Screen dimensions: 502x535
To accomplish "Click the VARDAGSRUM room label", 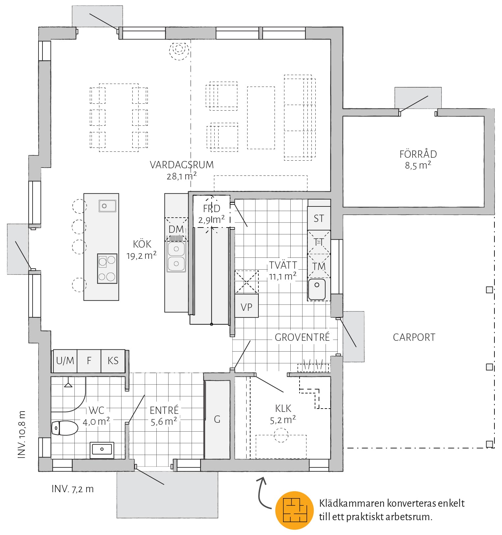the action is pyautogui.click(x=182, y=165).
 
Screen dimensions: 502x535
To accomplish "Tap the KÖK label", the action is pyautogui.click(x=142, y=244).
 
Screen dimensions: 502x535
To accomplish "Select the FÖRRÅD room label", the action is pyautogui.click(x=418, y=154).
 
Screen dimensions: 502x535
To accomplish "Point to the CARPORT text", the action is pyautogui.click(x=414, y=337).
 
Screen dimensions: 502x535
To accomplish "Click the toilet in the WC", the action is pyautogui.click(x=65, y=428).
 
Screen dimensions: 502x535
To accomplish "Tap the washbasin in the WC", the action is pyautogui.click(x=102, y=449).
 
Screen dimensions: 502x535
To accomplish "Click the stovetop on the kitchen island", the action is pyautogui.click(x=107, y=268).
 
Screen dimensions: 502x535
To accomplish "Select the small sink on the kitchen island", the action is pyautogui.click(x=107, y=206).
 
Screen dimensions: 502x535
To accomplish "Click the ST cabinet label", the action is pyautogui.click(x=319, y=218).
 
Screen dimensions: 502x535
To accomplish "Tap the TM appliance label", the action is pyautogui.click(x=319, y=266).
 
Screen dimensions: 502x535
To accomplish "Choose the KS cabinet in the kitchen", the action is pyautogui.click(x=113, y=361).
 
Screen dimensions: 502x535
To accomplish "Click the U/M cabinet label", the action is pyautogui.click(x=65, y=361).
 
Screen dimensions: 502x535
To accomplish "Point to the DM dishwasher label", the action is pyautogui.click(x=176, y=229).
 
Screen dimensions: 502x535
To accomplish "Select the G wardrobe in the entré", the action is pyautogui.click(x=217, y=419).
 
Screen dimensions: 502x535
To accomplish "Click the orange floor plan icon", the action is pyautogui.click(x=294, y=511).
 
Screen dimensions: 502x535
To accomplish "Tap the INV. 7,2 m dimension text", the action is pyautogui.click(x=72, y=489).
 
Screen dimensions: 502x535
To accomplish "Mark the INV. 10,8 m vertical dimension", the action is pyautogui.click(x=22, y=435).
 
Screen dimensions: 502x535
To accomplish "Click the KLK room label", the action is pyautogui.click(x=283, y=409).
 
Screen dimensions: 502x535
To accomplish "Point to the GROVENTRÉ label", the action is pyautogui.click(x=302, y=337).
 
